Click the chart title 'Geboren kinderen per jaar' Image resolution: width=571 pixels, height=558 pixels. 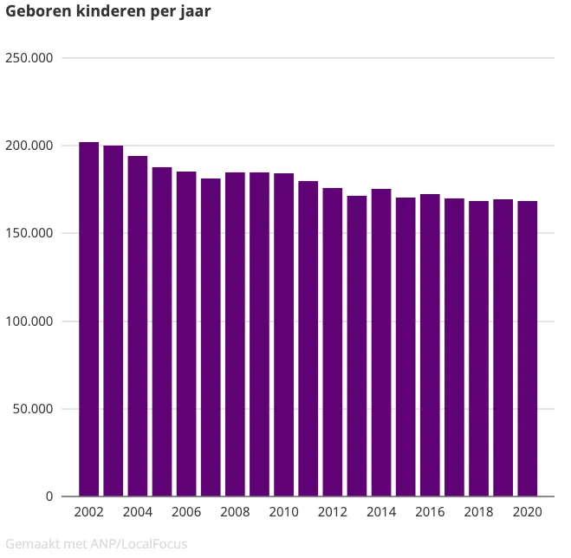click(x=108, y=12)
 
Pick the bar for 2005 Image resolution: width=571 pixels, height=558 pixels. click(x=162, y=331)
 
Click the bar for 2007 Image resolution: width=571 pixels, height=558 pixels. click(x=211, y=337)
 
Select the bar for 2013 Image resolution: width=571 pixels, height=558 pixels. click(x=357, y=346)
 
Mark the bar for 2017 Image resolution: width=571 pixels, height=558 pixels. click(x=454, y=347)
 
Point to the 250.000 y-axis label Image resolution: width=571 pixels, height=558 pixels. click(x=29, y=58)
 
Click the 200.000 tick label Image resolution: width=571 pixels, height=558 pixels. click(x=29, y=146)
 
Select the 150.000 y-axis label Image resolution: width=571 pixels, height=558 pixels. click(x=29, y=234)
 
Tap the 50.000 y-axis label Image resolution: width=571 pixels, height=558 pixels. click(x=33, y=409)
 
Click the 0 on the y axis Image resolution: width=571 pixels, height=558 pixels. click(x=49, y=496)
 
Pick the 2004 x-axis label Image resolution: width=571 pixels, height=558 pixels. click(x=138, y=512)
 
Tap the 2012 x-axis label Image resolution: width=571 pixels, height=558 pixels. click(x=333, y=512)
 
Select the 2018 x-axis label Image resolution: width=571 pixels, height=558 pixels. click(x=478, y=512)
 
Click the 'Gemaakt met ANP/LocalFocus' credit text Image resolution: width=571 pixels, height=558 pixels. click(x=96, y=544)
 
